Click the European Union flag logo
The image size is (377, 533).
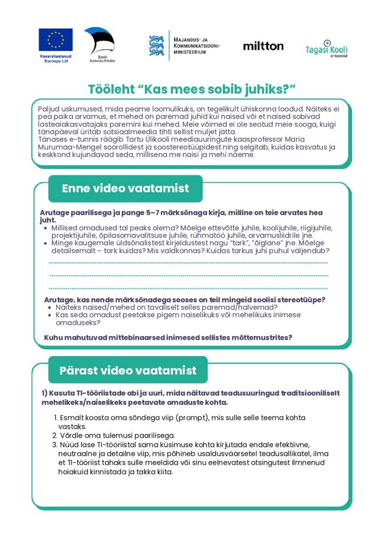(x=56, y=40)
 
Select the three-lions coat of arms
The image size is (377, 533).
(x=156, y=46)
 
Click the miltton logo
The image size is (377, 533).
(x=263, y=46)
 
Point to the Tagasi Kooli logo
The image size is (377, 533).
(x=326, y=49)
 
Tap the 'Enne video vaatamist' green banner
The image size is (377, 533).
(x=125, y=188)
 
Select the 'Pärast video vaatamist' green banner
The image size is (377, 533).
(x=128, y=371)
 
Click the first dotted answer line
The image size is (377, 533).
(x=188, y=263)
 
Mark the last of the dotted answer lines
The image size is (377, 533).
(x=188, y=288)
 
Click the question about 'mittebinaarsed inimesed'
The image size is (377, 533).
(x=168, y=337)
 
